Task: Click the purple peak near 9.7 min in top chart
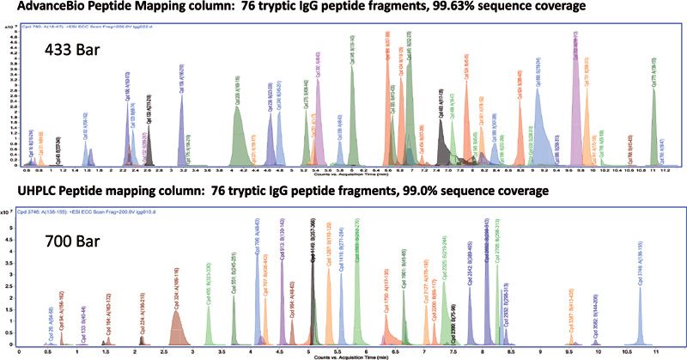[575, 95]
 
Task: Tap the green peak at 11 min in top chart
[654, 120]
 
